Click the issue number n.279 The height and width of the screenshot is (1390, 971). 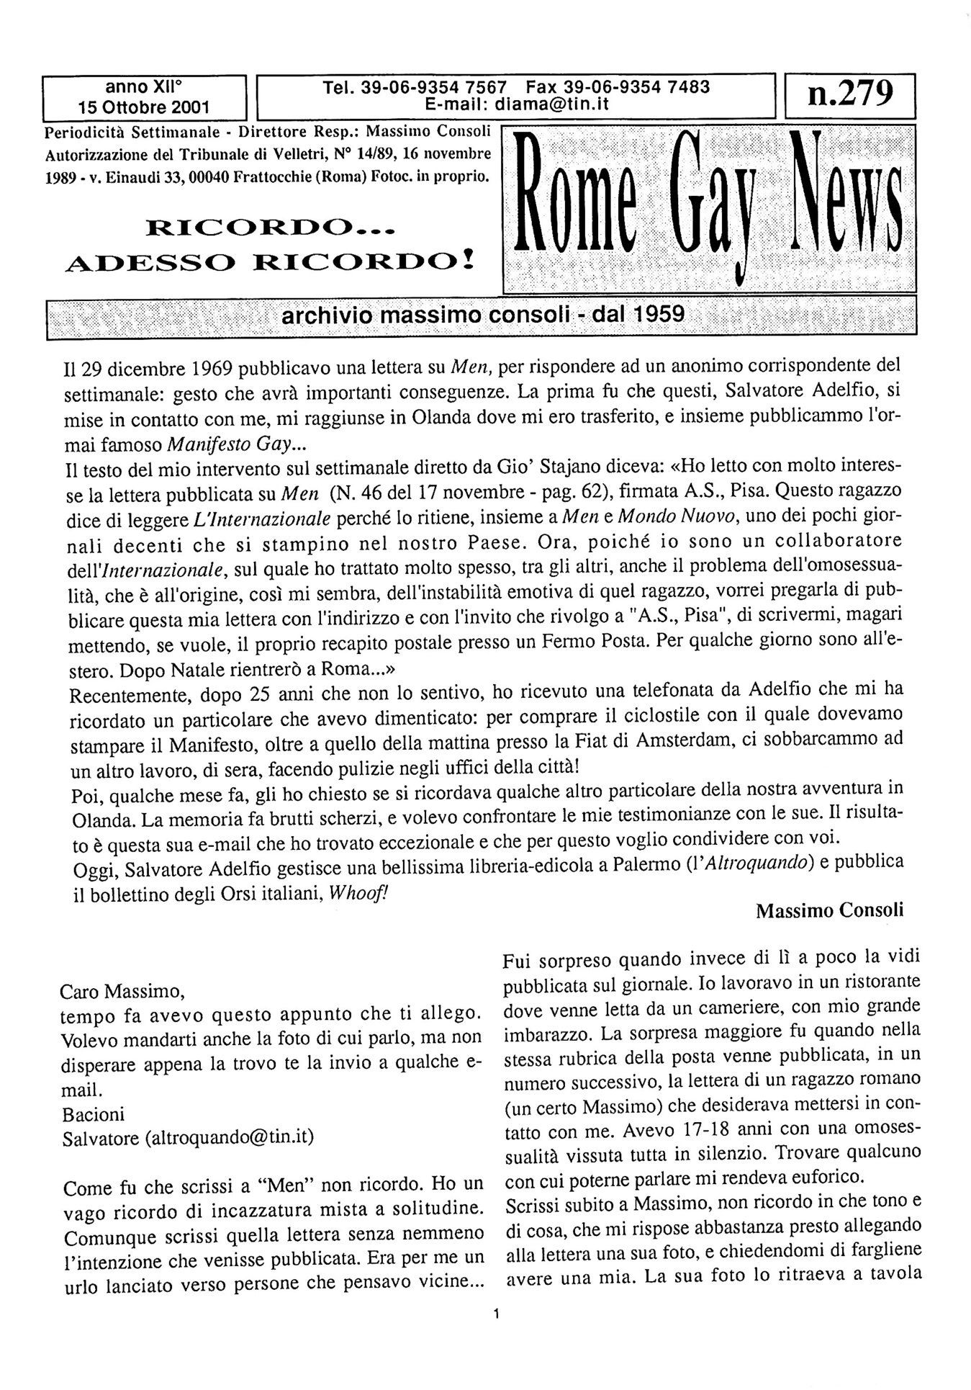pos(850,93)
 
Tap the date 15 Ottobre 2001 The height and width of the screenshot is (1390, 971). pos(144,108)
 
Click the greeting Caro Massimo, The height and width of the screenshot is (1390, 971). pos(122,992)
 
